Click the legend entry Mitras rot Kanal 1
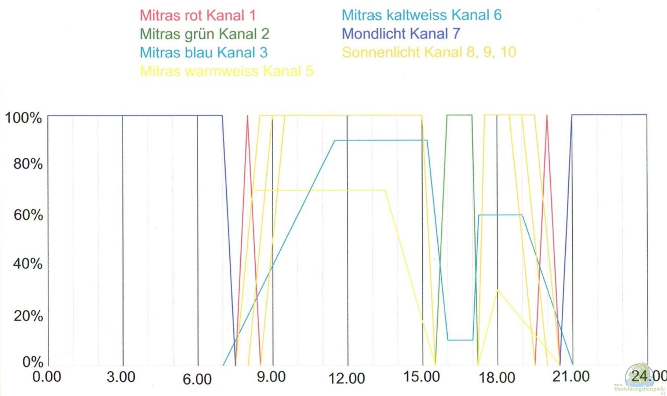[x=197, y=15]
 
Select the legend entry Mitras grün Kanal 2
[x=204, y=34]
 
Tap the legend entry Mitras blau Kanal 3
[x=204, y=52]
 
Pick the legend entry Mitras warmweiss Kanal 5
[x=227, y=71]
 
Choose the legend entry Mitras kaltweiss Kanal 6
[x=422, y=15]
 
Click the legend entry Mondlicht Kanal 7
[x=401, y=34]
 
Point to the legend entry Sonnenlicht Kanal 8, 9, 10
[x=429, y=52]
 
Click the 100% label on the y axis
[x=23, y=118]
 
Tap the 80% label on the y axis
[x=28, y=164]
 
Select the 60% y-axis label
[x=28, y=215]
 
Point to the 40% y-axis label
[x=28, y=264]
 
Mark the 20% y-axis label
[x=28, y=316]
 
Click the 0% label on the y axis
[x=33, y=362]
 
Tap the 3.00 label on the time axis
[x=121, y=377]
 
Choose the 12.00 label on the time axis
[x=347, y=378]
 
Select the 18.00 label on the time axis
[x=497, y=378]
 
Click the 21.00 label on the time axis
[x=571, y=376]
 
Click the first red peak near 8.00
[x=248, y=116]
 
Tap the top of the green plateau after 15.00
[x=459, y=115]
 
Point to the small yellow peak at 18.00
[x=497, y=290]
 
